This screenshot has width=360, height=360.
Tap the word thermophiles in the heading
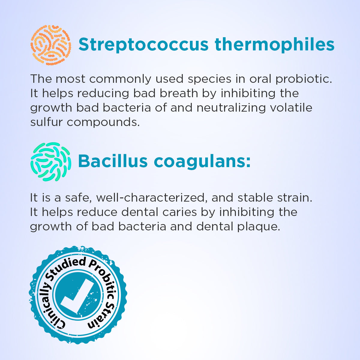pyautogui.click(x=274, y=45)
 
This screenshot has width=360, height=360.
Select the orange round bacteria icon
pyautogui.click(x=51, y=45)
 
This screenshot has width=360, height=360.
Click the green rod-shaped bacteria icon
pyautogui.click(x=51, y=162)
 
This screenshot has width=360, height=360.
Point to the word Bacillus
pyautogui.click(x=113, y=161)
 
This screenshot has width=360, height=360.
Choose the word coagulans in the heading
pyautogui.click(x=202, y=162)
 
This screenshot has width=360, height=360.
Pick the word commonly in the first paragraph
pyautogui.click(x=120, y=79)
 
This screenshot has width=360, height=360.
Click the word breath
pyautogui.click(x=178, y=93)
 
